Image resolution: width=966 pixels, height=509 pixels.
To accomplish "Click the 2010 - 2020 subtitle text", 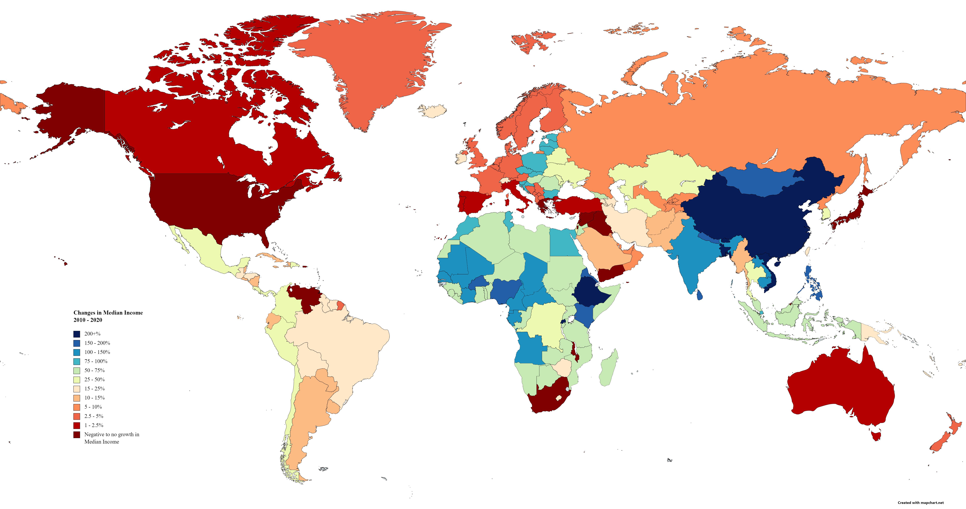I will pos(88,320).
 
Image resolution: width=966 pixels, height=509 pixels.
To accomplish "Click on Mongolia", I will pos(761,180).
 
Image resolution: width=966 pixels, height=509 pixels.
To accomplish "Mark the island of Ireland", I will pos(461,158).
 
